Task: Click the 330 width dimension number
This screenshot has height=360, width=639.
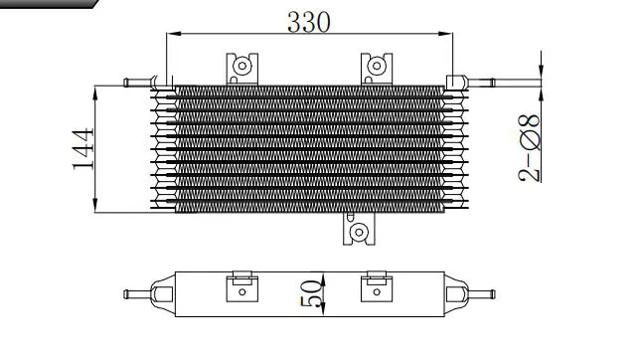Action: point(308,22)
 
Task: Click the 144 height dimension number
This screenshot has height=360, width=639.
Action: point(83,149)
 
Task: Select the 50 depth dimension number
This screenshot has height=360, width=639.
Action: point(312,293)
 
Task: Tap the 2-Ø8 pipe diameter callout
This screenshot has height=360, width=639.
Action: point(530,148)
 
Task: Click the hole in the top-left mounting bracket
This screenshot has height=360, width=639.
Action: point(242,66)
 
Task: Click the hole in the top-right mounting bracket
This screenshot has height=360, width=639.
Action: point(377,66)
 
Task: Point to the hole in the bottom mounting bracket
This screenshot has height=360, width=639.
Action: point(359,232)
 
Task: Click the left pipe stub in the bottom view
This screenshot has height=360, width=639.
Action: point(137,294)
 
